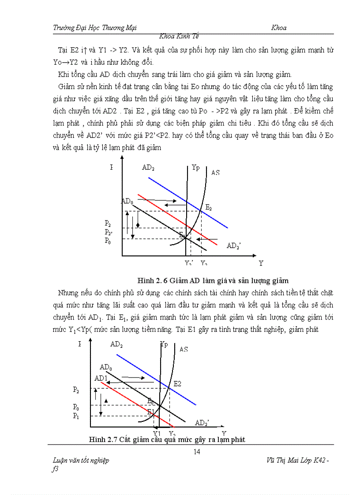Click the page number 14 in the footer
coord(197,451)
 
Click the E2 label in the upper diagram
coord(209,208)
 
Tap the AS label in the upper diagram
coord(215,173)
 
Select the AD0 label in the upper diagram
coord(127,201)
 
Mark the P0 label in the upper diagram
coord(108,241)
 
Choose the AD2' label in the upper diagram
coord(233,246)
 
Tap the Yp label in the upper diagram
coord(195,167)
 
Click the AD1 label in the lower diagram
coord(101,378)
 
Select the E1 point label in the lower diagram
coord(151,412)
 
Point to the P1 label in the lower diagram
coord(76,415)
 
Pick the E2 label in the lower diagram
coord(177,384)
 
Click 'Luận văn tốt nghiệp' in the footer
coord(81,461)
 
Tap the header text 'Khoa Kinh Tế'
coord(181,36)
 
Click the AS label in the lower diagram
coord(184,349)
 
